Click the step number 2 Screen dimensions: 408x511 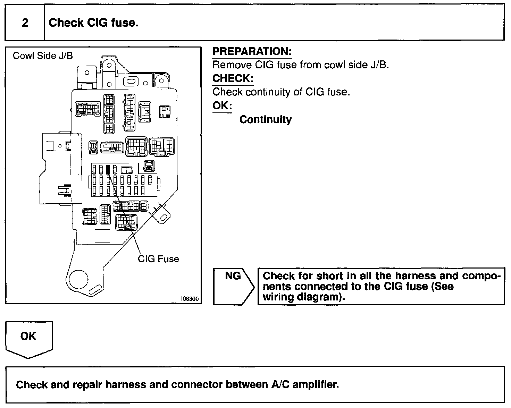coord(25,23)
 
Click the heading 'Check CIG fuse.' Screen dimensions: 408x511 coord(93,23)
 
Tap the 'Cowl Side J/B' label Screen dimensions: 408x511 coord(43,56)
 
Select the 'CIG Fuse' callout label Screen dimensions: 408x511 coord(158,259)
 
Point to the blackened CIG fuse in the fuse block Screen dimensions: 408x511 coord(108,170)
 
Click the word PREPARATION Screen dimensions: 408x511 coord(252,51)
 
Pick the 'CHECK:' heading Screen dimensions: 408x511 coord(233,78)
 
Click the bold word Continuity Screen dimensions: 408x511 coord(266,120)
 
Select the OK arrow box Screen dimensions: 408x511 coord(29,338)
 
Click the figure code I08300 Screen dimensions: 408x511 coord(190,299)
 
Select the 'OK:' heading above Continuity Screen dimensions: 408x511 coord(222,105)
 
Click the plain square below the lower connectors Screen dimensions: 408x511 coord(102,236)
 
